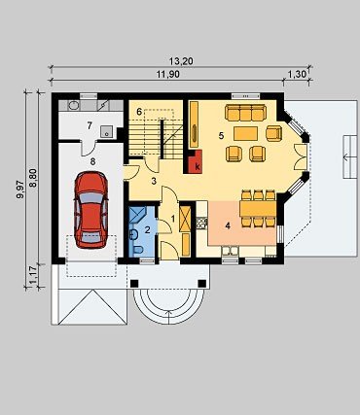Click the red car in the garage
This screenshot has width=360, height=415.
pos(91,210)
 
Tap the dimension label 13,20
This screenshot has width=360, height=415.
pos(181,61)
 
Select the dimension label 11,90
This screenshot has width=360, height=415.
pos(168,74)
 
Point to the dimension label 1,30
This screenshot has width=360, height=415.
pos(297,74)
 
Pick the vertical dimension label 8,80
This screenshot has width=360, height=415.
pos(33,178)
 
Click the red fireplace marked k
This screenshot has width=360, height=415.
pos(195,161)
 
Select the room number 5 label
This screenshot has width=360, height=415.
pos(221,136)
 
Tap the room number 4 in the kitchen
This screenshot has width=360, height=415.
pos(228,225)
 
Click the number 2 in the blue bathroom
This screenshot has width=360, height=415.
pos(148,230)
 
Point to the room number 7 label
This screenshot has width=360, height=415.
pos(90,125)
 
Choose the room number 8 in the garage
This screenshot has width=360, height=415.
pos(93,161)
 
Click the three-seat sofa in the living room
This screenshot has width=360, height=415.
pos(245,113)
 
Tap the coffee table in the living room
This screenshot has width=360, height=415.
pos(245,133)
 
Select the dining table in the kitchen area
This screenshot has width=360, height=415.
pos(258,209)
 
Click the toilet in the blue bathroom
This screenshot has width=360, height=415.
pos(138,250)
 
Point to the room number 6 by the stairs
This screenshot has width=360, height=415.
pos(139,112)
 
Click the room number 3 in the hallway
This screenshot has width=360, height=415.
pos(154,181)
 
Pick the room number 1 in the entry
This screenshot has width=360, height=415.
pos(173,219)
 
